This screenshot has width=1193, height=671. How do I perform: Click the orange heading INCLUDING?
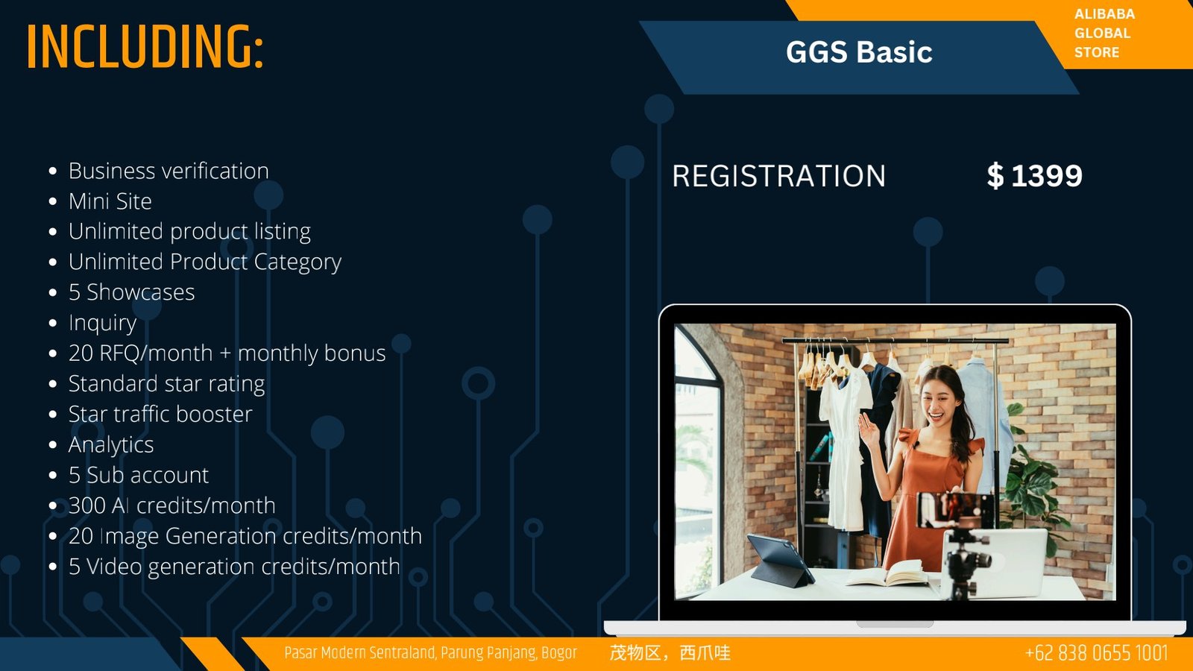[145, 46]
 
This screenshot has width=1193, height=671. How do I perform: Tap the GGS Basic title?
[859, 52]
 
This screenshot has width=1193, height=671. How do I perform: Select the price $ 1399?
[1034, 175]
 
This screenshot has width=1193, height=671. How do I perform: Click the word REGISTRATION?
[778, 176]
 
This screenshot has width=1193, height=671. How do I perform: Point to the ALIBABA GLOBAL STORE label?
[1104, 33]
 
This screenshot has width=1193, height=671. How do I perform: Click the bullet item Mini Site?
[110, 201]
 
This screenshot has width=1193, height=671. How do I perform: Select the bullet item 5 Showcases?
[131, 292]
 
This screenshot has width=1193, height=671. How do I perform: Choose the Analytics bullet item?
[111, 444]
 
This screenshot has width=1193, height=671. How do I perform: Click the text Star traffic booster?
[160, 415]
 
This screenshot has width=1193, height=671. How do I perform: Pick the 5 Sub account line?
[139, 475]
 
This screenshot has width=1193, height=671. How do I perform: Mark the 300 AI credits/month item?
[172, 505]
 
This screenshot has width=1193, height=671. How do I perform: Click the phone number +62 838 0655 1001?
[1096, 653]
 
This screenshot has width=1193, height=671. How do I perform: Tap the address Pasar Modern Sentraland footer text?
[430, 653]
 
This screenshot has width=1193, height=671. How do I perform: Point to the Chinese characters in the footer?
[670, 653]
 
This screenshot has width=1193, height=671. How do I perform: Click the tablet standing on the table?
[780, 560]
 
